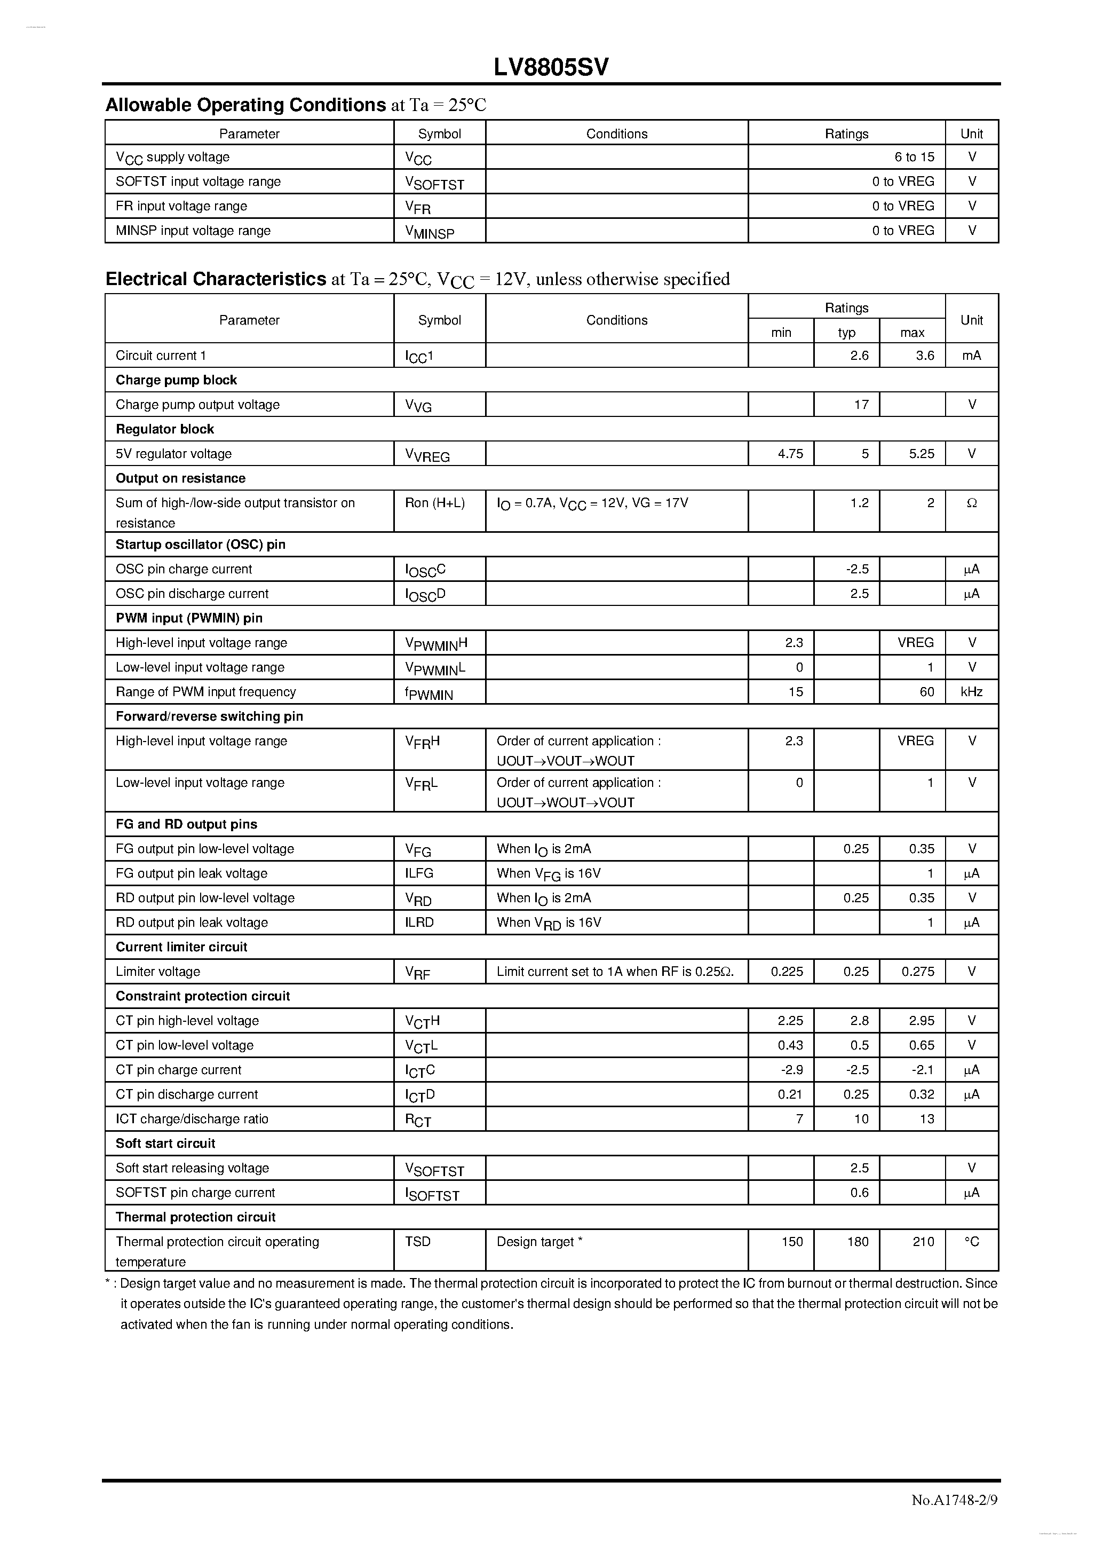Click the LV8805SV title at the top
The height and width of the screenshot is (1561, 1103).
point(551,67)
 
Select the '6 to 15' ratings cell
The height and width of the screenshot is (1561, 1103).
point(914,157)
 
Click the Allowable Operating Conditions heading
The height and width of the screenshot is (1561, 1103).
point(245,105)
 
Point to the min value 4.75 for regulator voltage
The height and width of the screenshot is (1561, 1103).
point(790,453)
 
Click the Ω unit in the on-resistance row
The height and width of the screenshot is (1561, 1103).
point(971,503)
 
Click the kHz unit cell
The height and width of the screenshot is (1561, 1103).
point(971,691)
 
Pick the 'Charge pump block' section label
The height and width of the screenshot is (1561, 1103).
point(176,380)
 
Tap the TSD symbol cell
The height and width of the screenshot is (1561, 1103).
point(418,1241)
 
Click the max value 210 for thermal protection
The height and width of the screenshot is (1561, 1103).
point(923,1241)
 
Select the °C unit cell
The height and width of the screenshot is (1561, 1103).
point(971,1241)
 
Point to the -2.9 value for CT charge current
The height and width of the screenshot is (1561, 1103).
point(792,1069)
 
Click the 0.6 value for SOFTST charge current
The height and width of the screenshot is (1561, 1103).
point(859,1193)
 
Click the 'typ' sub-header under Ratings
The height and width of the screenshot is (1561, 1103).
point(846,333)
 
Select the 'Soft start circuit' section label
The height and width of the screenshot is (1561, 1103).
point(165,1144)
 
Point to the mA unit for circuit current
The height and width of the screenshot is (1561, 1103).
point(971,356)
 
